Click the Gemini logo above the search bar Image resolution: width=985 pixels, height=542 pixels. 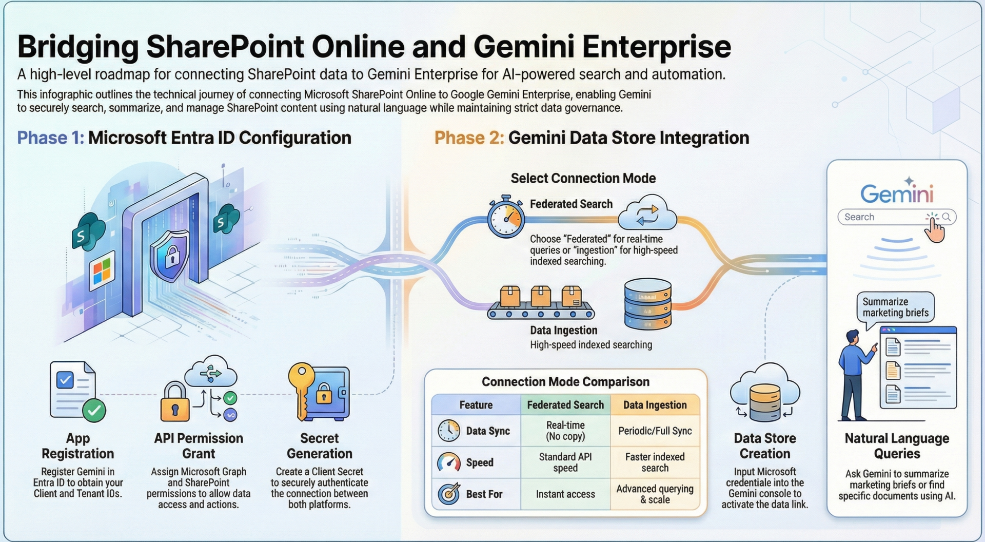[x=896, y=193]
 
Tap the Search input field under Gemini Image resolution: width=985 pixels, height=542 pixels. [x=882, y=217]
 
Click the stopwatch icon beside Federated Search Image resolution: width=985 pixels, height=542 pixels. [x=506, y=217]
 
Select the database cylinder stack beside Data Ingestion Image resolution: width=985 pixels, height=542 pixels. [x=647, y=304]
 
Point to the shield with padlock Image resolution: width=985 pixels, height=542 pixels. [x=170, y=255]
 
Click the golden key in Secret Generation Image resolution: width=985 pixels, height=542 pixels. [x=301, y=390]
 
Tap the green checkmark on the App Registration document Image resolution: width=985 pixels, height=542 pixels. [x=94, y=410]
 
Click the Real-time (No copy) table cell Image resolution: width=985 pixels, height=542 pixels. [x=565, y=431]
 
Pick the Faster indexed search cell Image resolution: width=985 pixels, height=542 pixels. [x=655, y=462]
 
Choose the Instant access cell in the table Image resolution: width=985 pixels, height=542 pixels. [x=565, y=494]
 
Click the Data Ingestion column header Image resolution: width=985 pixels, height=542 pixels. [x=655, y=405]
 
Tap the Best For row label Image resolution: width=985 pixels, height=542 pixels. [x=484, y=494]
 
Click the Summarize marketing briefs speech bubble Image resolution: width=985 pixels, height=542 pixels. [x=895, y=307]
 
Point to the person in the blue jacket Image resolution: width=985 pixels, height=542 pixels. [x=854, y=375]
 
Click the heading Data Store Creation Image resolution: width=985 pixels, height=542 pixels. [x=765, y=446]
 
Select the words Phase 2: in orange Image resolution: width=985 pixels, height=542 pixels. [x=469, y=138]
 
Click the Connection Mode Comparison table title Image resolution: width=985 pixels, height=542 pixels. [x=565, y=382]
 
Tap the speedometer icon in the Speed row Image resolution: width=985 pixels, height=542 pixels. [x=449, y=462]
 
